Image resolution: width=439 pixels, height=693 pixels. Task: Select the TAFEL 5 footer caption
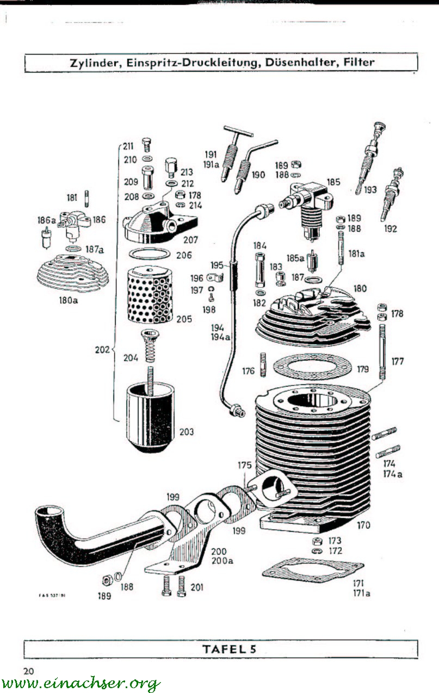click(x=228, y=648)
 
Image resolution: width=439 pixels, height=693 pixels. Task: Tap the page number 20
click(x=29, y=671)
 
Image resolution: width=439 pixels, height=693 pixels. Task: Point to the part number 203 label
click(x=186, y=432)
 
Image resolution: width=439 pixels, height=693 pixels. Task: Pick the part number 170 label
click(x=363, y=525)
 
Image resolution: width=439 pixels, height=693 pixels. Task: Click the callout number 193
click(x=370, y=190)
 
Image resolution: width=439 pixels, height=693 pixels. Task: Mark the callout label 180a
click(x=68, y=299)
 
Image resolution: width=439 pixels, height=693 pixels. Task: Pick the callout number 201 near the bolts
click(x=197, y=587)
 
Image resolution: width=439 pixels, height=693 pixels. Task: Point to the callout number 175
click(x=244, y=465)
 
